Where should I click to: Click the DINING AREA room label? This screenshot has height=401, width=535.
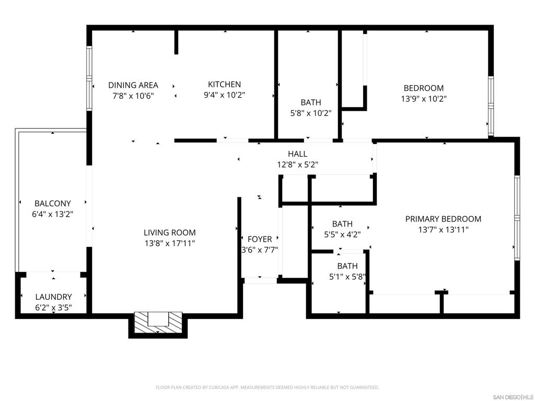(133, 85)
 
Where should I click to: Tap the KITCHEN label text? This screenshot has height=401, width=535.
(224, 84)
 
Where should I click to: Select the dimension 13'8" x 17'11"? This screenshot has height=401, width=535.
(170, 243)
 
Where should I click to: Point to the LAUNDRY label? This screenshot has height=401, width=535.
(53, 297)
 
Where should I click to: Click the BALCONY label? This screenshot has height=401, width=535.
(52, 203)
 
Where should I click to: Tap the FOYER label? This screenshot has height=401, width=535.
(260, 239)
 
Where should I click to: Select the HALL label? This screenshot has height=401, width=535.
(297, 154)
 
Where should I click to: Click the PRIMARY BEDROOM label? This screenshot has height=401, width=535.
(443, 219)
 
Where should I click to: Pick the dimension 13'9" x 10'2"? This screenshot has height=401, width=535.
(424, 98)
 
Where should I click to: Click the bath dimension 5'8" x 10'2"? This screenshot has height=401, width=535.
(311, 113)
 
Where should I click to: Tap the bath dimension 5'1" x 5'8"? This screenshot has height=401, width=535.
(347, 277)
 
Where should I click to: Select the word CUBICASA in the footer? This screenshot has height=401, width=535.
(218, 387)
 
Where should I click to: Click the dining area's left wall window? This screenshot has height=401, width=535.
(89, 78)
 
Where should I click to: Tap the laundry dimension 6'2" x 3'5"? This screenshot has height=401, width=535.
(53, 308)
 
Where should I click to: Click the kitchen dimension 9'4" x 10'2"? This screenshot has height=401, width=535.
(224, 95)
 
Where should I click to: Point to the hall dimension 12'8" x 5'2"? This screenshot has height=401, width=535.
(297, 164)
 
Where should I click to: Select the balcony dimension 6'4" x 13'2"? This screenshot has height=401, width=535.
(52, 214)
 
